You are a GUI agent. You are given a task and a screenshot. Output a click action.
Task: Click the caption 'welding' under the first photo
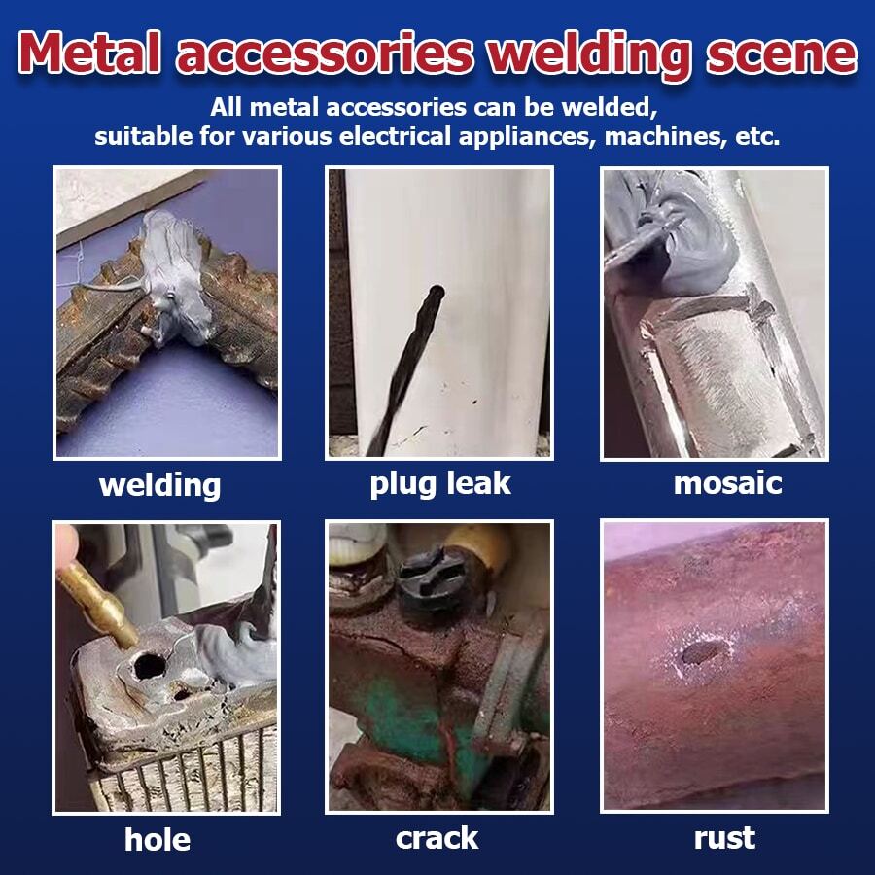(160, 483)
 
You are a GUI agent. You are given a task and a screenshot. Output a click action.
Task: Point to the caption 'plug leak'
(439, 483)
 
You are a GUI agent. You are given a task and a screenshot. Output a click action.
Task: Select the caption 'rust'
(724, 837)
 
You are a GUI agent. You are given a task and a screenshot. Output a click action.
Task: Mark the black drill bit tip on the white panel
(436, 293)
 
